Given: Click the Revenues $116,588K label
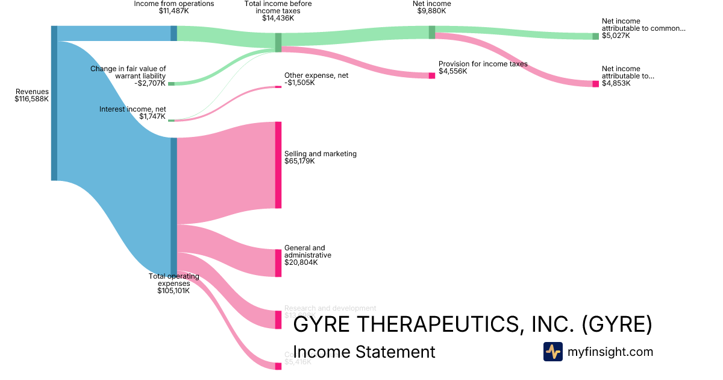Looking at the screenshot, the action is coord(32,95).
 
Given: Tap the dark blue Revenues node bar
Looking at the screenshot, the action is coord(54,103).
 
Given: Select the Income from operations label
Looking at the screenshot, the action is coord(174,7).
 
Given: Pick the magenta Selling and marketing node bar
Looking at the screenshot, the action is coord(278,165).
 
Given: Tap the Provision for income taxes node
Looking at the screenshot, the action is coord(432,75).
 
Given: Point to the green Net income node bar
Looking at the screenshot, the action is coord(432,32).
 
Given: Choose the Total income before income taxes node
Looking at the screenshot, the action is coord(278,42).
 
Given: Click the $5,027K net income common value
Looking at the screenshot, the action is coord(615,36).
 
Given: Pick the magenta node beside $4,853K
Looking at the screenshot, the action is coord(596,83).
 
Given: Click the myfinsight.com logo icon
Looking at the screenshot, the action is coord(552,352).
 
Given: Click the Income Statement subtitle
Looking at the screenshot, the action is coord(364,352).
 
